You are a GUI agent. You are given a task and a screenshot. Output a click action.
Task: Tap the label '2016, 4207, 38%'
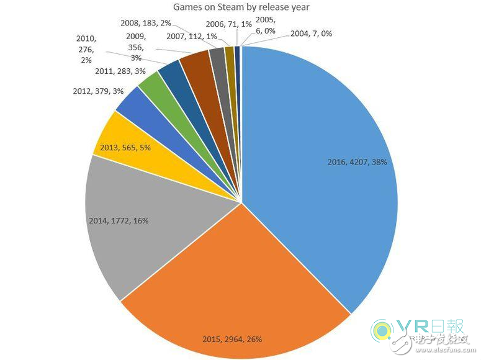click(x=356, y=161)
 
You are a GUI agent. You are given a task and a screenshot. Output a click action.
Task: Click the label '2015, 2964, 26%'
click(x=232, y=339)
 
